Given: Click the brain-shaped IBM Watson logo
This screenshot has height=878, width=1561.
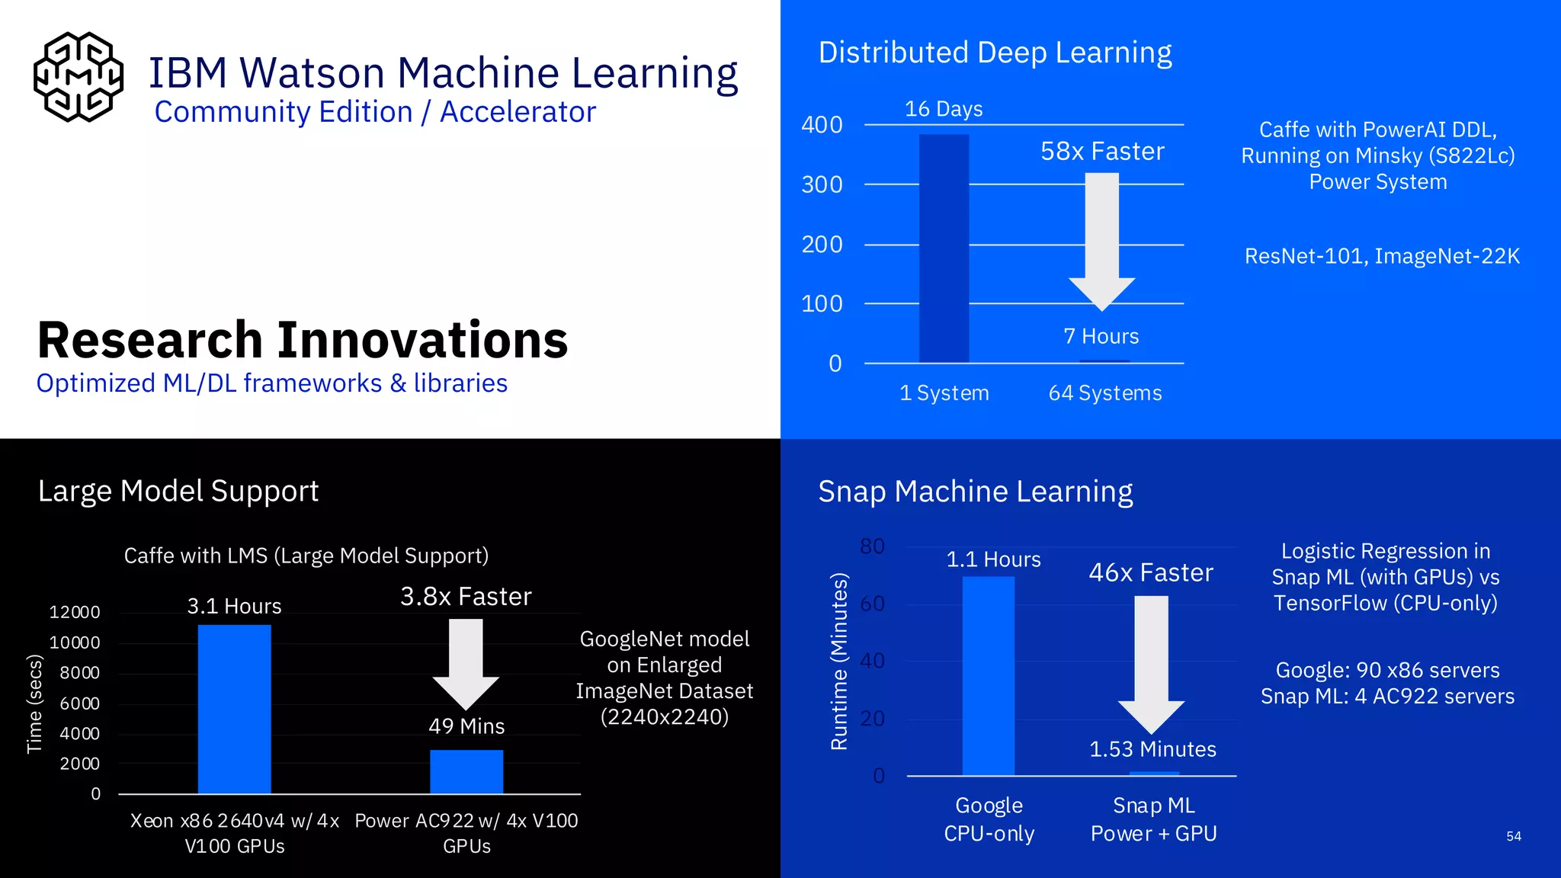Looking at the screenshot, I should (x=79, y=77).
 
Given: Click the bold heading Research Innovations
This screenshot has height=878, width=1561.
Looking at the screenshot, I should (x=303, y=340).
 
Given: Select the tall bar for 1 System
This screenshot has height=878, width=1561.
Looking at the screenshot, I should (x=944, y=248).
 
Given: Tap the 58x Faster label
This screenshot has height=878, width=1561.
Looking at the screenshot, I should (x=1102, y=151).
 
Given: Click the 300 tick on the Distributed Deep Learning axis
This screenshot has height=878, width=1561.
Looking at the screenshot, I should (x=822, y=184).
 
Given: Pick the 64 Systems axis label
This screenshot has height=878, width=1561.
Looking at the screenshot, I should (x=1105, y=393).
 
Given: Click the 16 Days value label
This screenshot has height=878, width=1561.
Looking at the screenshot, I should (x=944, y=109).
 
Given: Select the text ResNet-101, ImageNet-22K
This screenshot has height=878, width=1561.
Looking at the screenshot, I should (x=1382, y=256).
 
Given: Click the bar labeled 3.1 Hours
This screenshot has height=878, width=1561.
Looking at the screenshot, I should (x=234, y=709).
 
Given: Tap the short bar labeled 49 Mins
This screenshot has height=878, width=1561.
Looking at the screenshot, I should (x=466, y=771).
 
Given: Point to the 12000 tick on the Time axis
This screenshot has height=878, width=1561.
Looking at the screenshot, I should (x=75, y=612).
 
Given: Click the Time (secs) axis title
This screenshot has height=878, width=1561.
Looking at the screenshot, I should (x=34, y=703).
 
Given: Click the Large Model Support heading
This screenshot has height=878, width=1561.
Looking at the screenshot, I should (x=178, y=491).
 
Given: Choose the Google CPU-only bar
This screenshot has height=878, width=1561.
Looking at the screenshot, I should (x=988, y=675).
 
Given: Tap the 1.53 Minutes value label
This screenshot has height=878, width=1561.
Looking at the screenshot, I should (x=1152, y=749).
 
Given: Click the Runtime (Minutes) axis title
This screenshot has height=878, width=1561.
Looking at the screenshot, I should (x=839, y=661).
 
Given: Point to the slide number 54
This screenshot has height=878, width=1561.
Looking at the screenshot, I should (x=1514, y=836).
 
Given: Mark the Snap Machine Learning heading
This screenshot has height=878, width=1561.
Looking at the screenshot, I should (x=975, y=492).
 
